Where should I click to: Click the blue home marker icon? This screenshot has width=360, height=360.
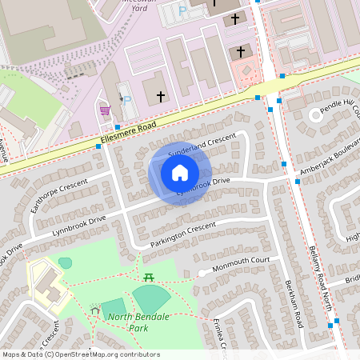(180, 173)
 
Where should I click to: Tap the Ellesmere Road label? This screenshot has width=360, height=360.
(127, 138)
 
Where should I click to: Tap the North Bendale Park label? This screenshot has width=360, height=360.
(127, 322)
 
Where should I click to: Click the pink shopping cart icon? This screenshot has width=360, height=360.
(105, 110)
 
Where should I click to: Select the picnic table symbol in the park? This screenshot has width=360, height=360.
(149, 277)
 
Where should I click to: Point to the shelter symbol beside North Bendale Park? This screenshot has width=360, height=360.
(96, 310)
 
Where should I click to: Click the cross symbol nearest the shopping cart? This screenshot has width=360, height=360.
(160, 97)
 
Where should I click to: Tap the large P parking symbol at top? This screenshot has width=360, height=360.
(182, 12)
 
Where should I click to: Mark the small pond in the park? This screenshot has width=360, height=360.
(65, 262)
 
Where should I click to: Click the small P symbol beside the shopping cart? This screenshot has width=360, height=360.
(126, 100)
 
